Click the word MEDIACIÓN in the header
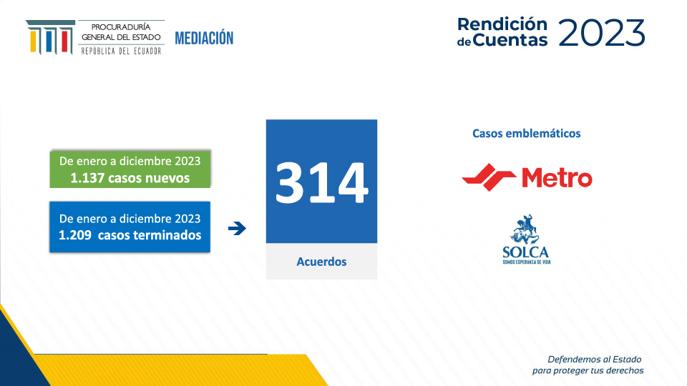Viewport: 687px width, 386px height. (204, 38)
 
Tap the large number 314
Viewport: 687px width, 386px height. (321, 182)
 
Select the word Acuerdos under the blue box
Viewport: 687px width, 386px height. (321, 262)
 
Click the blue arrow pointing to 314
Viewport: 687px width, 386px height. (237, 228)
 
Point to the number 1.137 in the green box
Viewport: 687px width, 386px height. (87, 178)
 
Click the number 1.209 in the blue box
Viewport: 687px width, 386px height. (75, 235)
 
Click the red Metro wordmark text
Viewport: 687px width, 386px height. (557, 178)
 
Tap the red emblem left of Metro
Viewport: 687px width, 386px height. (489, 177)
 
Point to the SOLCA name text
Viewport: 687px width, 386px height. (526, 252)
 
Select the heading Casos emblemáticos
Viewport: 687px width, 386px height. (526, 134)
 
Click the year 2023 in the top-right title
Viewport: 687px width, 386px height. (602, 33)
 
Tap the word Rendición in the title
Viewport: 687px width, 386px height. (502, 24)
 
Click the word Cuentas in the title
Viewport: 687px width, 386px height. (510, 40)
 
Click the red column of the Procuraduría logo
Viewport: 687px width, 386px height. (65, 40)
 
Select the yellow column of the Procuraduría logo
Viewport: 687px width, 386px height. (34, 41)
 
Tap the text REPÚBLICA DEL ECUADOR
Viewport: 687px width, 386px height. (121, 51)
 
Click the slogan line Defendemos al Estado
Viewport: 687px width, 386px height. (595, 360)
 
